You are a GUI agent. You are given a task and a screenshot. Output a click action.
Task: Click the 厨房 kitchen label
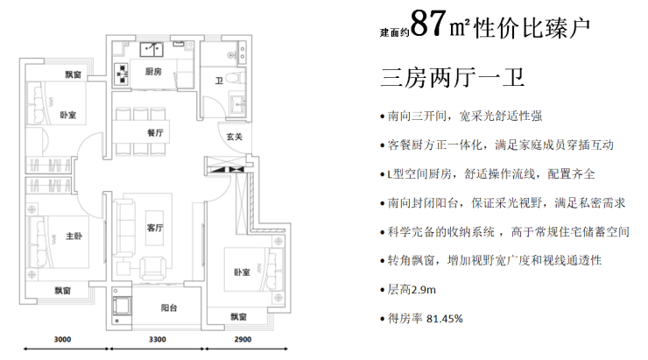[x=153, y=72]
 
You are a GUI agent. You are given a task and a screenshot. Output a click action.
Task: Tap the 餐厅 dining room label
[x=155, y=132]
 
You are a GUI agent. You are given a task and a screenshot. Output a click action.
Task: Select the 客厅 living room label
[x=155, y=228]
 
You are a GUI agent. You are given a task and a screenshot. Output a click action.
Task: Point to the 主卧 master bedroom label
[x=74, y=236]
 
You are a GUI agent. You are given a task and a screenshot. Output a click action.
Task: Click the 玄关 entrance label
[x=234, y=137]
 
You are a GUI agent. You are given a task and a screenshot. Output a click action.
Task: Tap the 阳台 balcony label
[x=169, y=308]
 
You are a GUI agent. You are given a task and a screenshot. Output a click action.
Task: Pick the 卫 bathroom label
[x=220, y=81]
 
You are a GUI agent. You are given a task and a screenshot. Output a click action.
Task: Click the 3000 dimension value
[x=62, y=339]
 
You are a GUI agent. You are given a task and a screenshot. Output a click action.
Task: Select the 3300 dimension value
[x=158, y=339]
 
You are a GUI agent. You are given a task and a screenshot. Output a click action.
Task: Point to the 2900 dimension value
[x=243, y=339]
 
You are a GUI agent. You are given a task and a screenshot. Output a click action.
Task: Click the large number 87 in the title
[x=429, y=24]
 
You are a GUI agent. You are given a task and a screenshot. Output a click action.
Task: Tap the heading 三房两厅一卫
[x=453, y=77]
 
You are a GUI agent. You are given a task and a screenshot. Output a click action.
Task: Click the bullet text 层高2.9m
[x=412, y=289]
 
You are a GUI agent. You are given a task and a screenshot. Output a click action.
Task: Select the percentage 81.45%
[x=444, y=319]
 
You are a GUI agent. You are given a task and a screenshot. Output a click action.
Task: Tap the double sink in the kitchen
[x=151, y=50]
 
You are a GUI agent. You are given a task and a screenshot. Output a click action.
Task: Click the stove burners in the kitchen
[x=123, y=74]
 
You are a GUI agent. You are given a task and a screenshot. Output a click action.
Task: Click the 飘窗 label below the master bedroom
[x=63, y=291]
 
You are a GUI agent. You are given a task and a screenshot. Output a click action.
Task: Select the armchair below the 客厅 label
[x=153, y=267]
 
